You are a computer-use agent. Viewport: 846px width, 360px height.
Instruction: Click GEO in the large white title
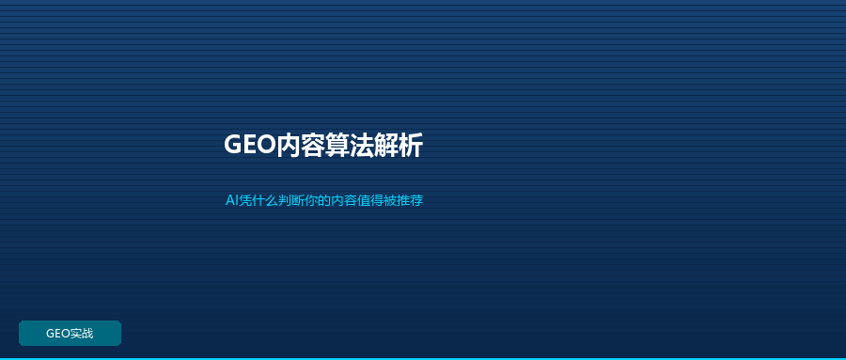[250, 145]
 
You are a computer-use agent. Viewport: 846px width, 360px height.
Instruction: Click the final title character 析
[411, 145]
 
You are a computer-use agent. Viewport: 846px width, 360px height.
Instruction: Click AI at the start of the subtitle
[231, 201]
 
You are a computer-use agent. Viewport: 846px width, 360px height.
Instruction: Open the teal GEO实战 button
[70, 333]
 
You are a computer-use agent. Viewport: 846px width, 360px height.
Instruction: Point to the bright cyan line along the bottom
[423, 358]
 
